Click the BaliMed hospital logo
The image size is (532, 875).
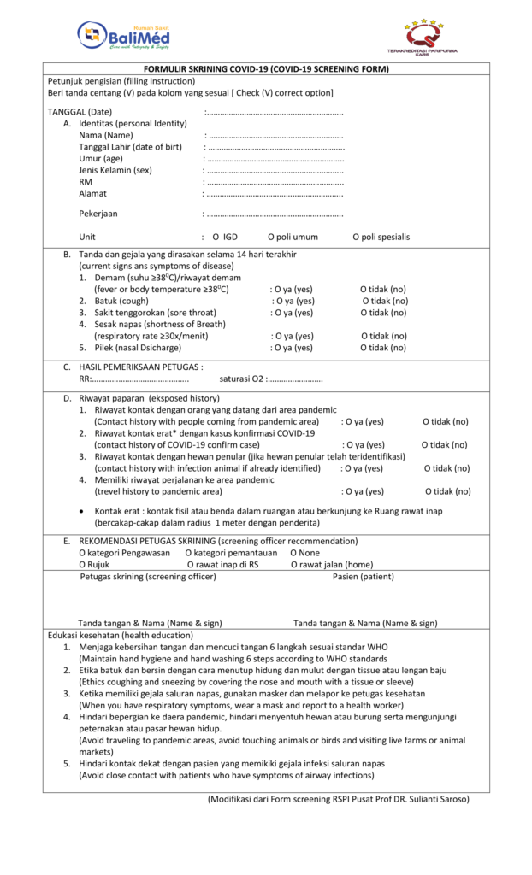(x=124, y=35)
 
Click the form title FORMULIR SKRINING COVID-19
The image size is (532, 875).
(x=266, y=69)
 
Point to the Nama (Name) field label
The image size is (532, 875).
(x=106, y=135)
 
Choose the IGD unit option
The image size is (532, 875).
(x=225, y=237)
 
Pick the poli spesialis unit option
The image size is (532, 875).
(x=381, y=237)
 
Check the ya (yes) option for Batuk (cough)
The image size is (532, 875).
(x=293, y=301)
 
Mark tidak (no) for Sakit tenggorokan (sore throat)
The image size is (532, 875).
(x=382, y=313)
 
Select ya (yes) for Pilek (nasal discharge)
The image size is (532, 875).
(x=292, y=348)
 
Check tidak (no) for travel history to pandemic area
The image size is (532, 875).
(x=447, y=491)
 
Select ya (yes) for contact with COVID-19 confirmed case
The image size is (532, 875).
(x=364, y=444)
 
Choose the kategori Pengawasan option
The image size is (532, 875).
(x=124, y=553)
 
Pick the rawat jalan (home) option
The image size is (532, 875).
(x=332, y=565)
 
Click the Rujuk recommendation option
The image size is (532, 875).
(x=94, y=565)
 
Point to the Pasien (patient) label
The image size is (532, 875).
(x=364, y=577)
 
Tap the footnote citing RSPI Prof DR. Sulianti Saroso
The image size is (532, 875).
(x=338, y=800)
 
